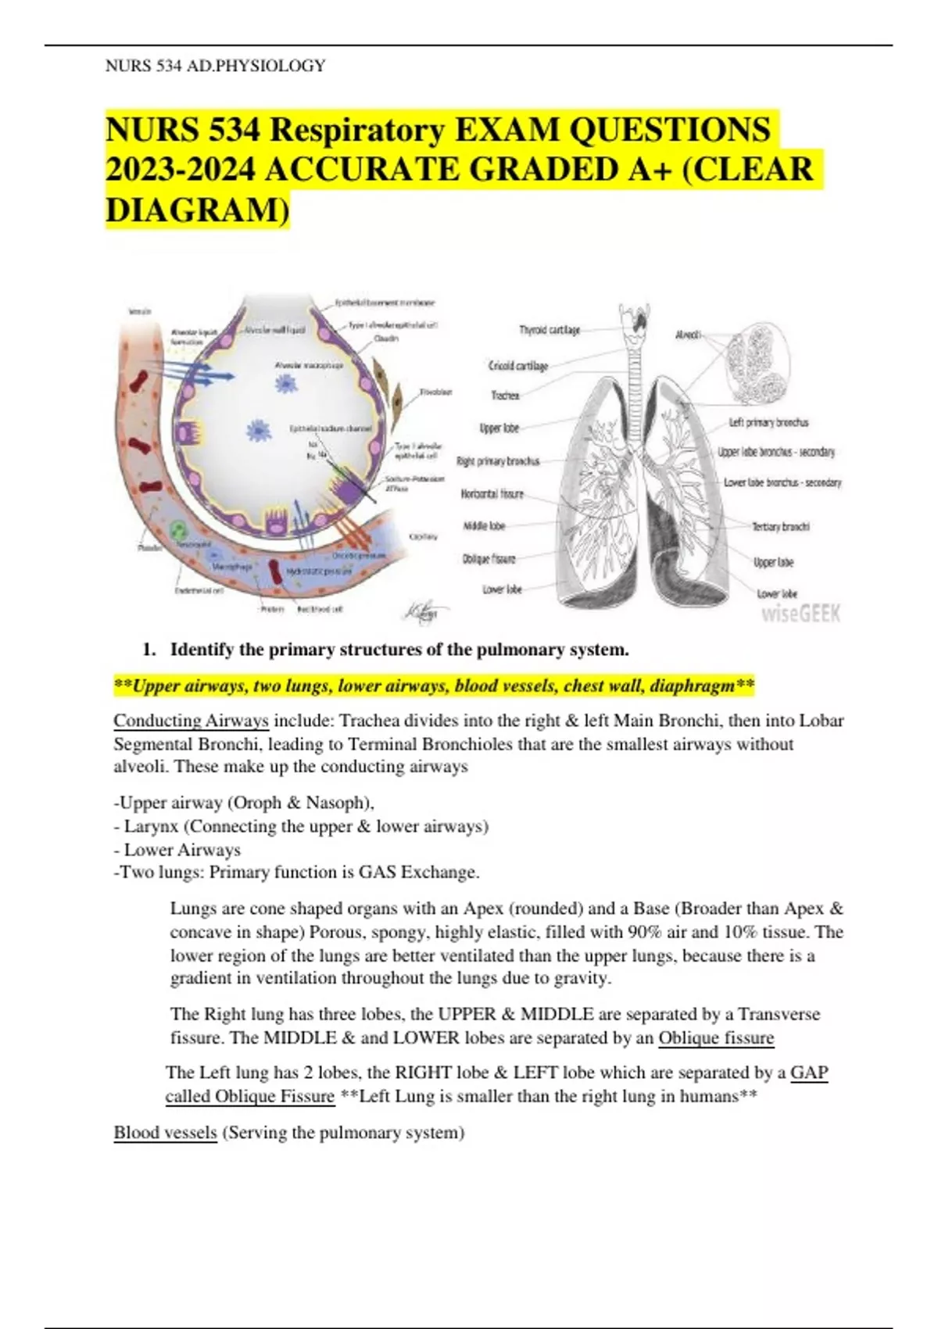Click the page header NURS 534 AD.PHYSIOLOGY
pyautogui.click(x=215, y=66)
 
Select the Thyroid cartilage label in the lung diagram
pyautogui.click(x=550, y=331)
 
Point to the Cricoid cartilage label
pyautogui.click(x=518, y=365)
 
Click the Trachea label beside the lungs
pyautogui.click(x=505, y=396)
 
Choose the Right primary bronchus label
pyautogui.click(x=498, y=461)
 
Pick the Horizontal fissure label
pyautogui.click(x=492, y=494)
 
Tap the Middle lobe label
pyautogui.click(x=485, y=526)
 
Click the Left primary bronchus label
pyautogui.click(x=768, y=422)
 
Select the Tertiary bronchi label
pyautogui.click(x=781, y=526)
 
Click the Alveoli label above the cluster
pyautogui.click(x=687, y=335)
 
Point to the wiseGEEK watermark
pyautogui.click(x=800, y=614)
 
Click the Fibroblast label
pyautogui.click(x=436, y=392)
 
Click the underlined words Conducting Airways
pyautogui.click(x=191, y=720)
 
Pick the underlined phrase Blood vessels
pyautogui.click(x=165, y=1132)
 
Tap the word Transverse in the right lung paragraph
pyautogui.click(x=779, y=1014)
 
